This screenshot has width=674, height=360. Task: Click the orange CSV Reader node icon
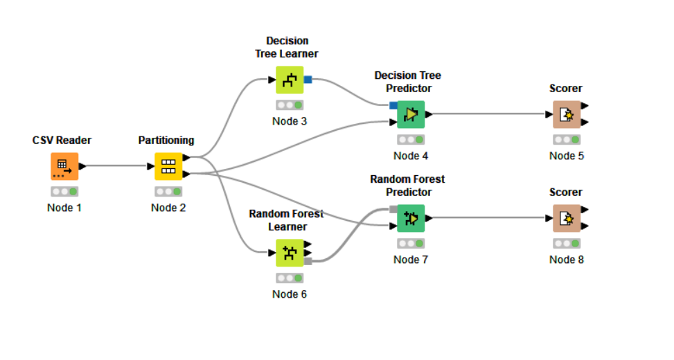tap(64, 166)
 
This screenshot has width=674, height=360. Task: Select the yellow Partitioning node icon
tap(168, 166)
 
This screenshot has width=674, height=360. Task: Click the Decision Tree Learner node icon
tap(290, 80)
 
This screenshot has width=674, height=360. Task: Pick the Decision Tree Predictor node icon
tap(411, 114)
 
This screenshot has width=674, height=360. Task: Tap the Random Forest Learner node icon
tap(290, 253)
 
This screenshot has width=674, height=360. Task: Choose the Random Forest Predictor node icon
tap(411, 218)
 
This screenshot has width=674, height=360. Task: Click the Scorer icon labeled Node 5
tap(567, 114)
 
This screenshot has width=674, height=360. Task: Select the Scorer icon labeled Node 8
tap(567, 218)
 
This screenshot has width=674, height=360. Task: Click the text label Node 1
tap(64, 208)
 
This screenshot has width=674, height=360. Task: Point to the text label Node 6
tap(290, 294)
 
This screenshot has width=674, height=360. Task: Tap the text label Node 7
tap(411, 260)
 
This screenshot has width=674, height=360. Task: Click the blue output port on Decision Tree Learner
tap(308, 80)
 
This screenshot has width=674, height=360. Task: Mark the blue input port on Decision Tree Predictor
tap(393, 106)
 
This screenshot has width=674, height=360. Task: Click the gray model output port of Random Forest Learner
tap(308, 261)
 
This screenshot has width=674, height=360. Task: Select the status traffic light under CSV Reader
tap(64, 192)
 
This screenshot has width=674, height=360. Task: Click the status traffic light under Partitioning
tap(168, 192)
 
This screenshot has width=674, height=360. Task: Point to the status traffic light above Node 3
tap(290, 105)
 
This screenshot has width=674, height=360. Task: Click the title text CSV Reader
tap(62, 141)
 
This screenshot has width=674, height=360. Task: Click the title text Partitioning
tap(166, 141)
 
